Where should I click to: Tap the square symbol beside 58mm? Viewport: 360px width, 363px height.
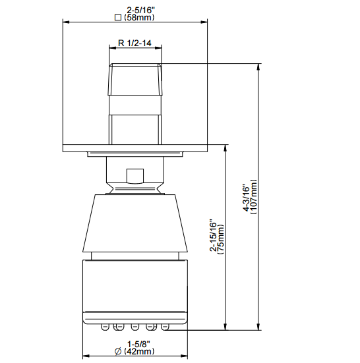[119, 18]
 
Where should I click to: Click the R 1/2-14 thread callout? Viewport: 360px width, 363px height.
[135, 43]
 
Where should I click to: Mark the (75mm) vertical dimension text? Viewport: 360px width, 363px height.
[222, 237]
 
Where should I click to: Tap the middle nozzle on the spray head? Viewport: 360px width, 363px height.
[135, 325]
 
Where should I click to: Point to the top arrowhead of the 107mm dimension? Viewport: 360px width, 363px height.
[258, 67]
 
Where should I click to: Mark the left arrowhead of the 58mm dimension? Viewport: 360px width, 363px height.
[66, 22]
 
